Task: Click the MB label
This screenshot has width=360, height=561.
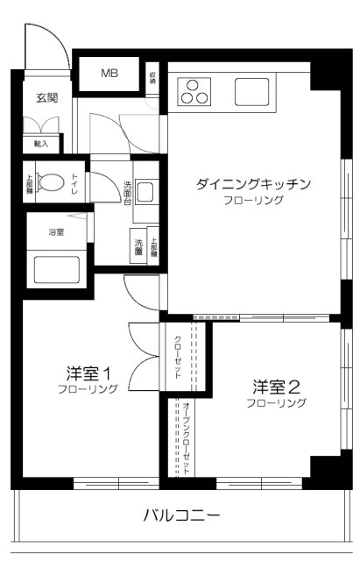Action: tap(110, 74)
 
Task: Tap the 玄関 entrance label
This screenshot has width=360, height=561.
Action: tap(47, 98)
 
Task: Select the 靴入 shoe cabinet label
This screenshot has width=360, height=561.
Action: tap(41, 143)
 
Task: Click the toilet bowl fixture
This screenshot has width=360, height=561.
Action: tap(55, 183)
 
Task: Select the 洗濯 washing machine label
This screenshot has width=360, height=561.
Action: tap(138, 248)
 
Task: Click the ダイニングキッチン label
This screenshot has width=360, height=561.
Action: tap(253, 184)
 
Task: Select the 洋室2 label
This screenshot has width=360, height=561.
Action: tap(277, 386)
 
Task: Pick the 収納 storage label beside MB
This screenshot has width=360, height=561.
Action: tap(152, 76)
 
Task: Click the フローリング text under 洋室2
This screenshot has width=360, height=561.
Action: tap(277, 403)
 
